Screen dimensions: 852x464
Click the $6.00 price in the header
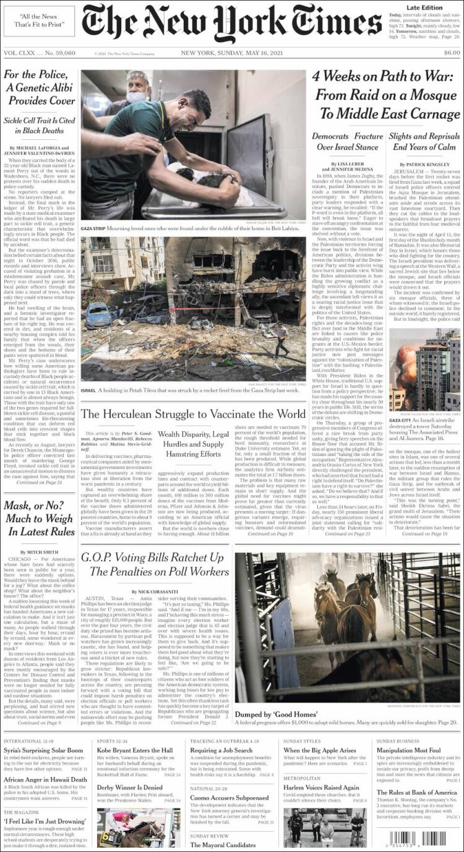pyautogui.click(x=451, y=53)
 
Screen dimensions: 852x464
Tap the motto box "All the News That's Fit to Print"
pyautogui.click(x=39, y=20)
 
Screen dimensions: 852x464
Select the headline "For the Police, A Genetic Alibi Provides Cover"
pyautogui.click(x=40, y=88)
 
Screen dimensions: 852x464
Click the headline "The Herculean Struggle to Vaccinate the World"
pyautogui.click(x=193, y=414)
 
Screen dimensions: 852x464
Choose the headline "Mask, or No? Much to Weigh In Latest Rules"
pyautogui.click(x=40, y=519)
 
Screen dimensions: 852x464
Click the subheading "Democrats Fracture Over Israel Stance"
pyautogui.click(x=347, y=142)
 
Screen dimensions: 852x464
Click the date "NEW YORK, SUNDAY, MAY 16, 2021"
pyautogui.click(x=232, y=53)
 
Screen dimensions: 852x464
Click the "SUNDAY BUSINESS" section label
pyautogui.click(x=398, y=741)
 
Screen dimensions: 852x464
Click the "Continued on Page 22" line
pyautogui.click(x=194, y=722)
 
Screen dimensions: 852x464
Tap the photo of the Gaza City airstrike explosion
pyautogui.click(x=424, y=377)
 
